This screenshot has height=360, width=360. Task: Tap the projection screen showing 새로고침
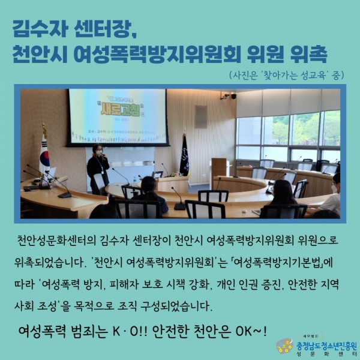[x=118, y=117]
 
